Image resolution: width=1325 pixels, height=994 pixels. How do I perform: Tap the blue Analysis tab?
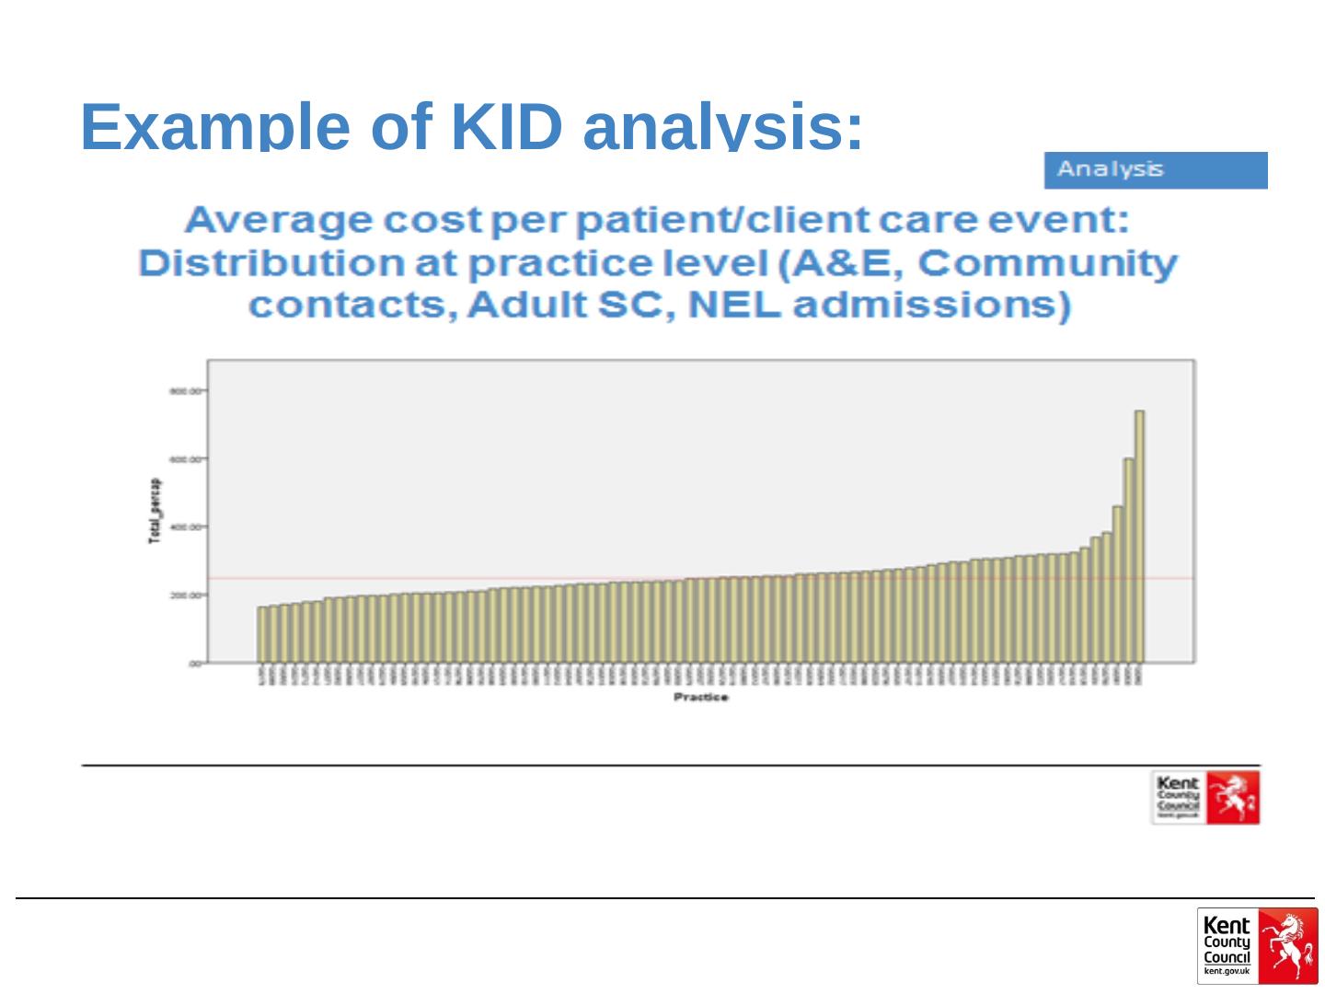click(x=1155, y=170)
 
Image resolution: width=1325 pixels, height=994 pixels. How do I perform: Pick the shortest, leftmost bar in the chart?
click(x=261, y=634)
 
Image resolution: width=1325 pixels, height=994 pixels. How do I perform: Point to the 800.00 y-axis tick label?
click(x=185, y=391)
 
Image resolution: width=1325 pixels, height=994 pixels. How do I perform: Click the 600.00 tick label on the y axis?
click(x=185, y=458)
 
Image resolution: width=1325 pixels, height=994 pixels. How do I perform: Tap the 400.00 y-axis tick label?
click(x=185, y=526)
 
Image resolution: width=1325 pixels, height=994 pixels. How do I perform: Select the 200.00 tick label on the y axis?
click(x=185, y=595)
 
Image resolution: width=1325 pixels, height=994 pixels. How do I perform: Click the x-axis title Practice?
click(x=701, y=698)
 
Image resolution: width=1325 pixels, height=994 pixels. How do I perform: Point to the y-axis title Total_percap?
click(x=155, y=510)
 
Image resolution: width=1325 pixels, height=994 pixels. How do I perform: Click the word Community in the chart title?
click(x=1047, y=263)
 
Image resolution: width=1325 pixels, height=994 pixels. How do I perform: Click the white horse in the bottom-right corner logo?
click(x=1286, y=945)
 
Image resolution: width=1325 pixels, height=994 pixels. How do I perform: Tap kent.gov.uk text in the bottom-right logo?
click(x=1227, y=971)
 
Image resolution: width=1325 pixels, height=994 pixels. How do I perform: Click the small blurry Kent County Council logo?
click(x=1205, y=797)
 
